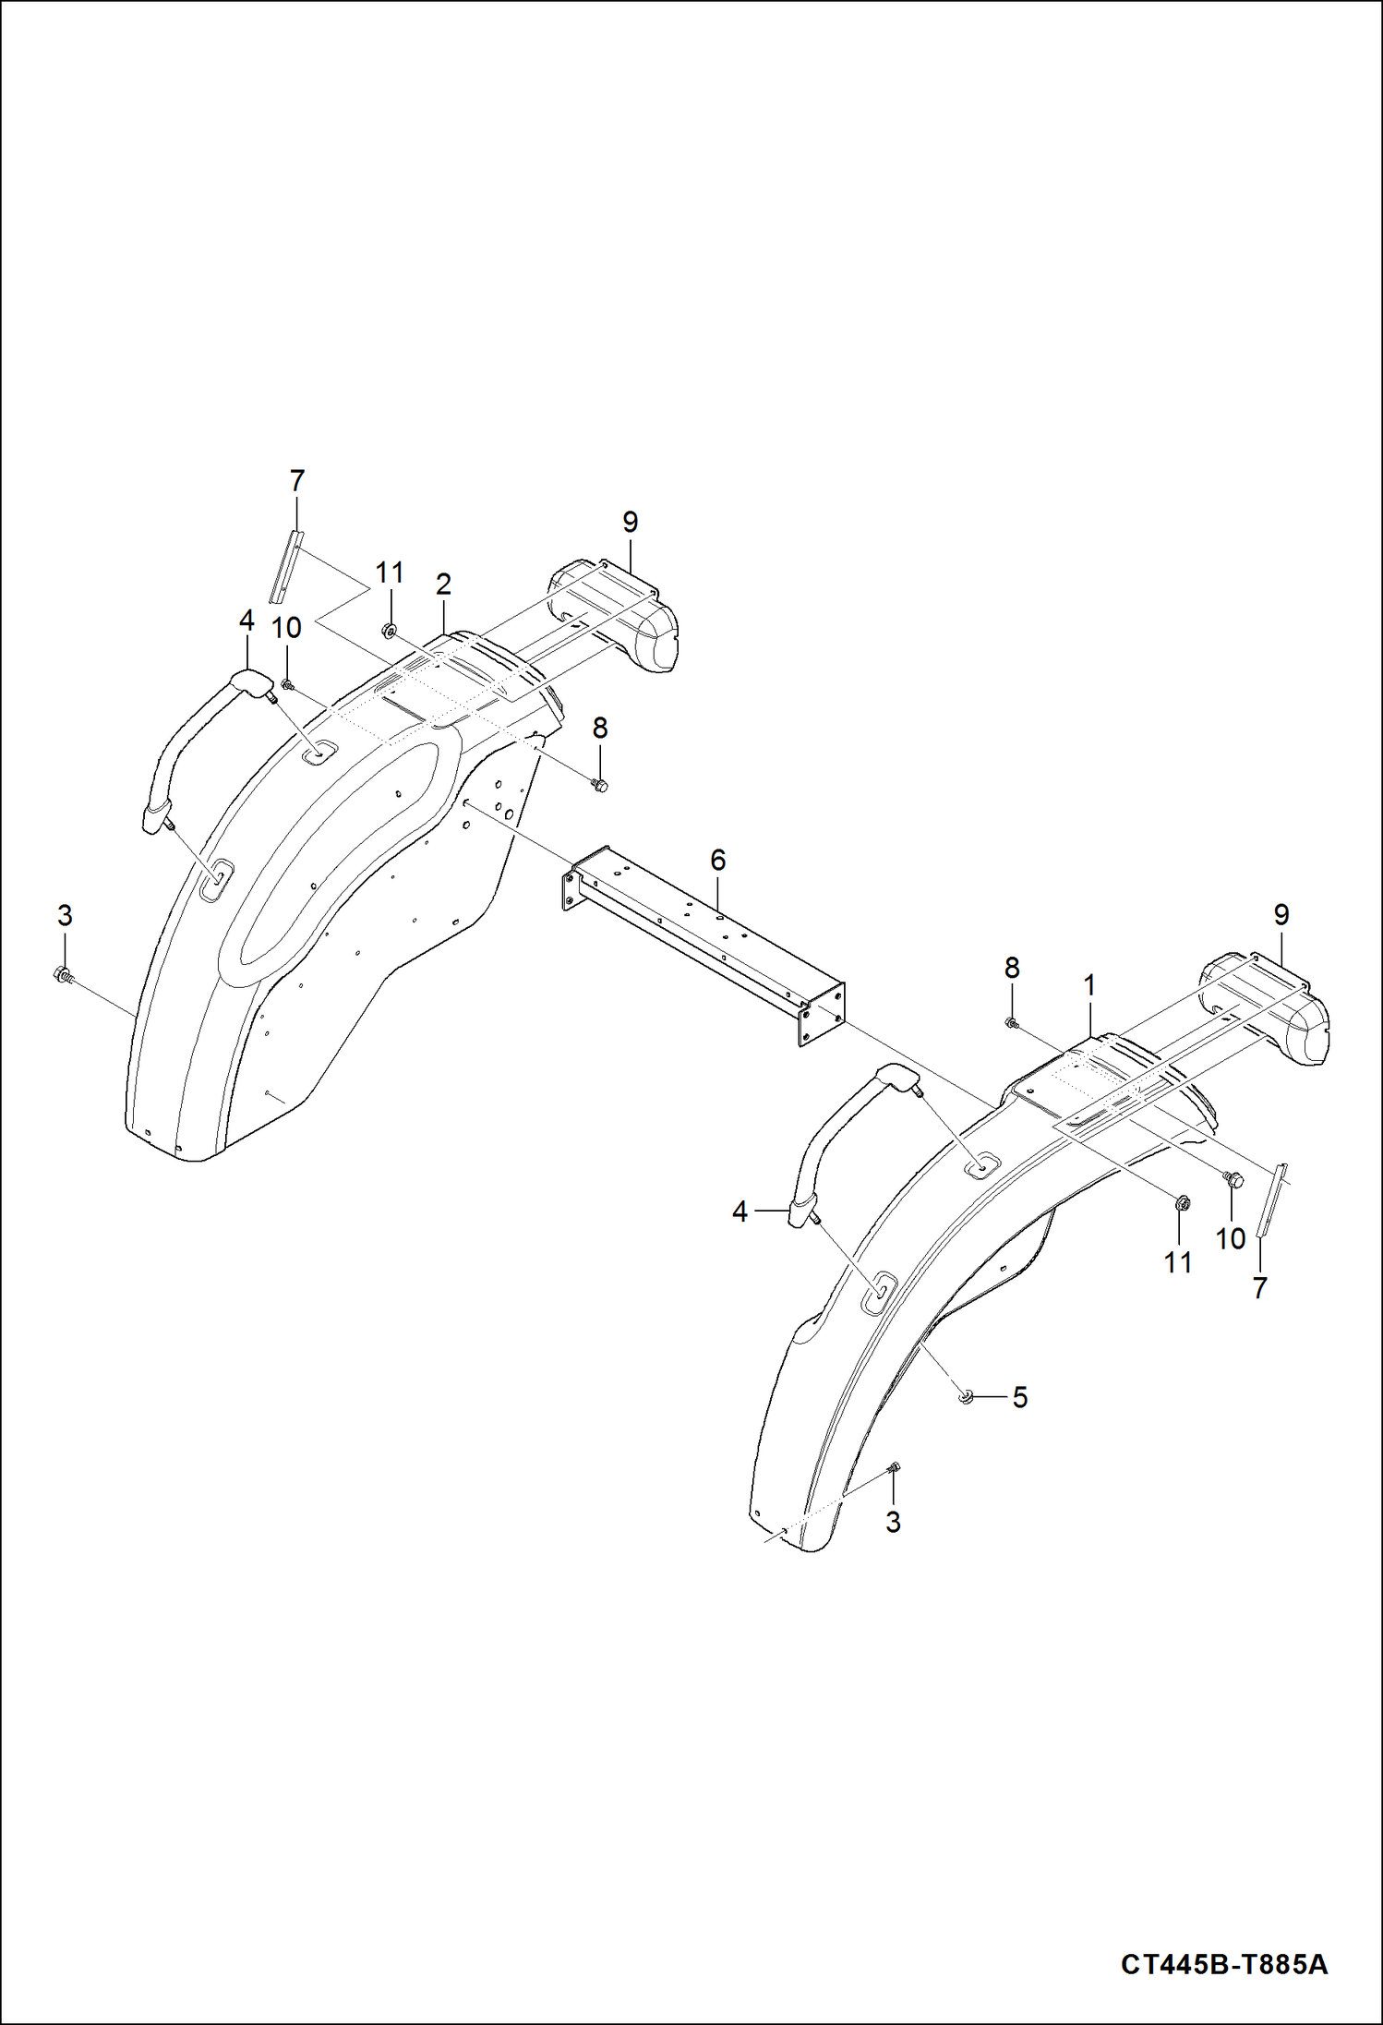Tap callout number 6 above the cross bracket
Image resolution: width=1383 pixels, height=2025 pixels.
(717, 861)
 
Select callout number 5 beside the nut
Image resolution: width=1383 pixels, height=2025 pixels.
(1019, 1397)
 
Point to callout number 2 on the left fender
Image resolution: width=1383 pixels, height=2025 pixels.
(443, 585)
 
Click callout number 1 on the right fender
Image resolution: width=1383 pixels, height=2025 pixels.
(1089, 986)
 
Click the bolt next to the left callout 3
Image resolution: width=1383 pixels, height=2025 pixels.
(63, 973)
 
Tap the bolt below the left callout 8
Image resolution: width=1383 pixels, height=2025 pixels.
(599, 786)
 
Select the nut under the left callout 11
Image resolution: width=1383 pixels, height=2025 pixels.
(389, 632)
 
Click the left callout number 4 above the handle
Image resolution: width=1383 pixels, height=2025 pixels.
(247, 621)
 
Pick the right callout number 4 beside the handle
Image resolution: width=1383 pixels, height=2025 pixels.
(740, 1211)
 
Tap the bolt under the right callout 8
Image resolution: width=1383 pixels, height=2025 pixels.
(1012, 1021)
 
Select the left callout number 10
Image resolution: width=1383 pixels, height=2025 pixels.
(286, 628)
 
